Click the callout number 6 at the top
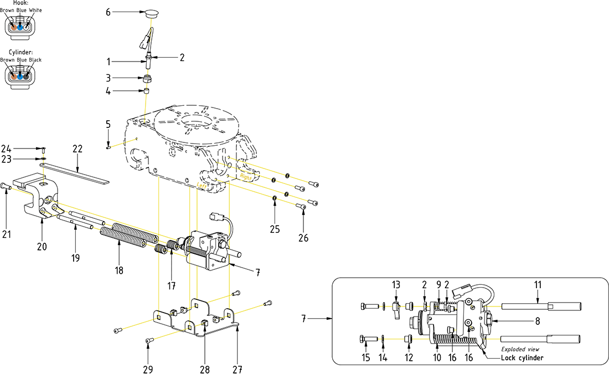109,11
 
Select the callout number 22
78,149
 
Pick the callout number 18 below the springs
118,270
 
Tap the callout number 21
6,234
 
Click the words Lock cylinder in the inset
522,357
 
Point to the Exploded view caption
520,349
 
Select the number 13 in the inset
395,284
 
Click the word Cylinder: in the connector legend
22,52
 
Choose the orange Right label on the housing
246,177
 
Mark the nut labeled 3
147,78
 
